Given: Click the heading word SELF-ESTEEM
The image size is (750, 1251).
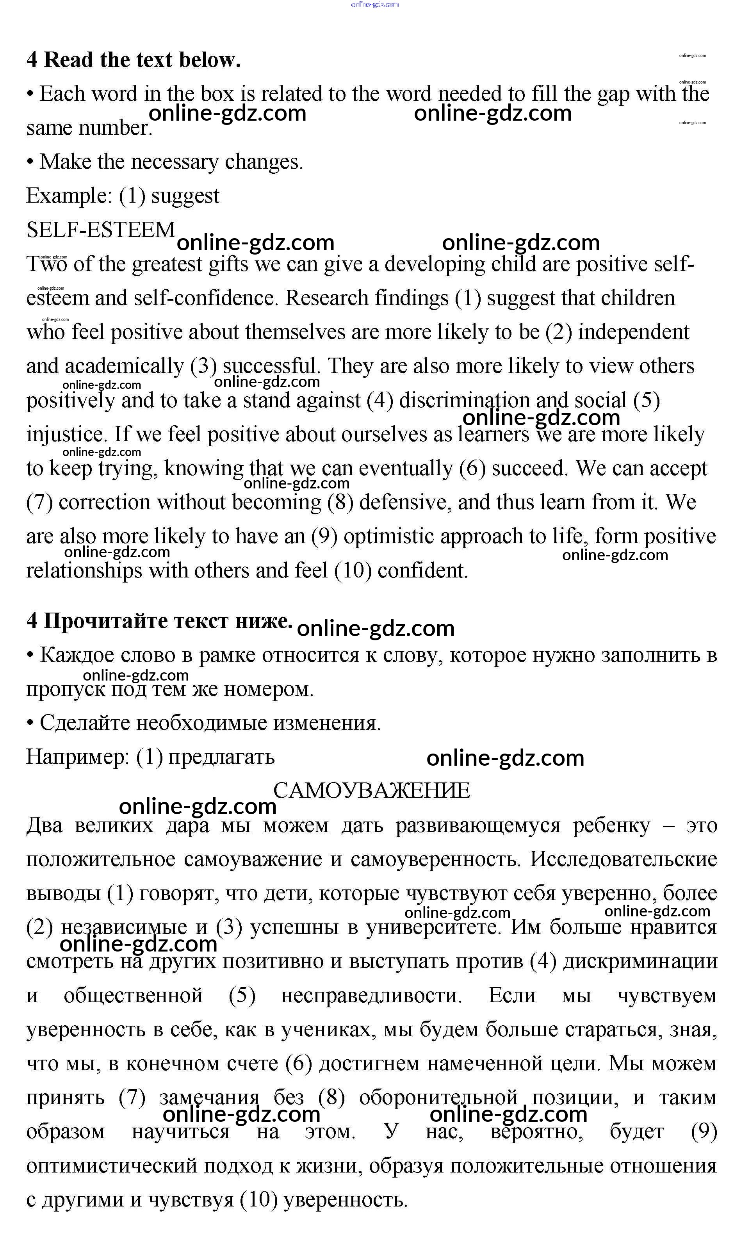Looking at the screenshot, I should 101,230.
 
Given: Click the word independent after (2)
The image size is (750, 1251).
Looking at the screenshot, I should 633,332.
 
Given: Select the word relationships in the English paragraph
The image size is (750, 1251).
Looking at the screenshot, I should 84,571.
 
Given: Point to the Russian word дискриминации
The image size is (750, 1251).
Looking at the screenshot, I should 640,961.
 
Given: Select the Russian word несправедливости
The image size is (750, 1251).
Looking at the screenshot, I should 371,995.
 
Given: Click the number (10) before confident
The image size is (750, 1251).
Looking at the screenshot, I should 353,571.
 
